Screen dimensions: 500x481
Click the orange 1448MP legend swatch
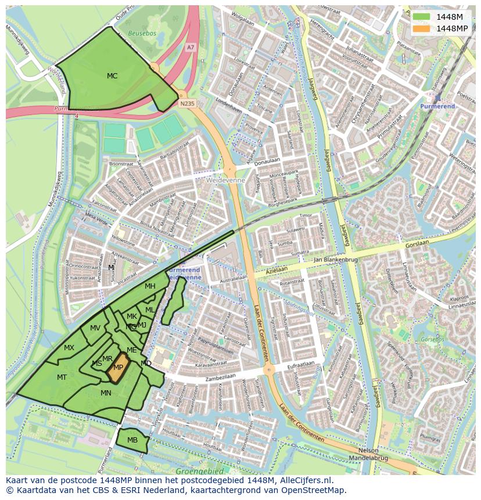(422, 28)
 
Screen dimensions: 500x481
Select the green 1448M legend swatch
(422, 17)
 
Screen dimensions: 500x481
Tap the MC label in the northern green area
(112, 76)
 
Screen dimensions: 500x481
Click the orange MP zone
(118, 368)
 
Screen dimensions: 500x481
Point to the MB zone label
(132, 440)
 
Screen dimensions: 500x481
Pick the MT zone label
(62, 377)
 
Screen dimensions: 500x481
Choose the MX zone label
(69, 348)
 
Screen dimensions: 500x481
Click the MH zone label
(150, 286)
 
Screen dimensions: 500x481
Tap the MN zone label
(106, 393)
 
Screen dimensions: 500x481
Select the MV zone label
(95, 328)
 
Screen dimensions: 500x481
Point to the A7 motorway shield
(191, 47)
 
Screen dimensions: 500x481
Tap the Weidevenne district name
(225, 181)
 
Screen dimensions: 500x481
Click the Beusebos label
(142, 34)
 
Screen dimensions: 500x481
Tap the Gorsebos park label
(432, 339)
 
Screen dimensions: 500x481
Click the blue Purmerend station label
(437, 107)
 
